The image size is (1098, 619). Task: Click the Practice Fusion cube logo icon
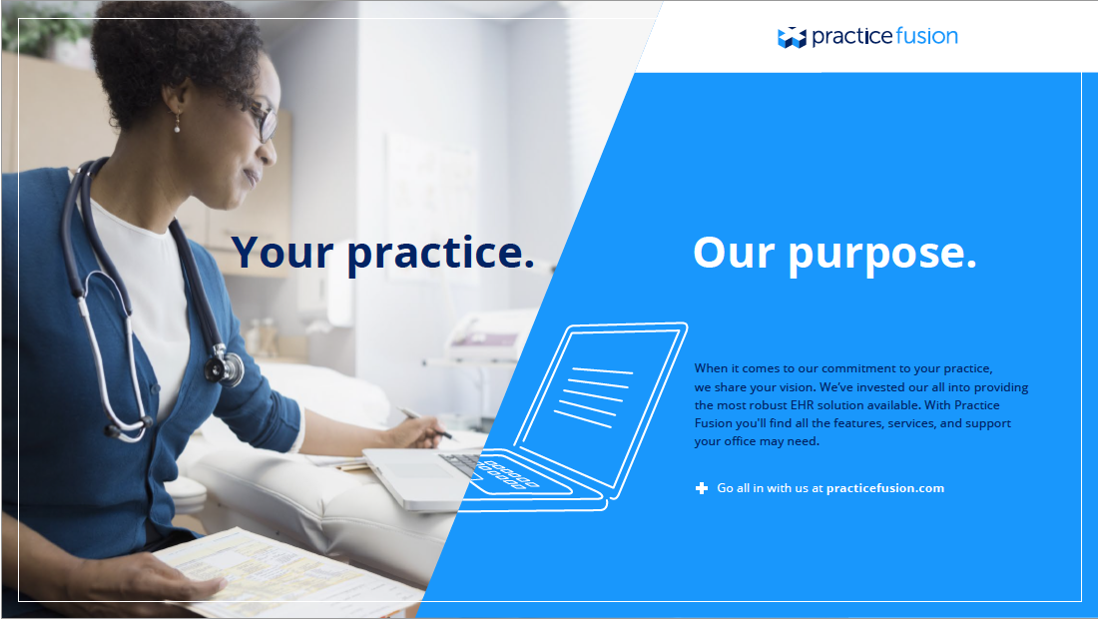(x=792, y=37)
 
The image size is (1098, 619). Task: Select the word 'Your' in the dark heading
(x=282, y=252)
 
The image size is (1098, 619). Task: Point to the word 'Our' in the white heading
(x=734, y=253)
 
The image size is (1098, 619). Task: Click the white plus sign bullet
(x=702, y=488)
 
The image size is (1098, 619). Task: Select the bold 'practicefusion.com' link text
(x=885, y=488)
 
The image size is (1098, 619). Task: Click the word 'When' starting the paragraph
(x=711, y=368)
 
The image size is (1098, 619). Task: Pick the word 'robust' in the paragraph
(x=769, y=404)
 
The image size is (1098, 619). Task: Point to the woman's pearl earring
(x=177, y=128)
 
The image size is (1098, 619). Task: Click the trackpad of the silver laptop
(x=419, y=470)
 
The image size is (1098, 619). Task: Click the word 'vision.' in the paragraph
(x=798, y=386)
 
